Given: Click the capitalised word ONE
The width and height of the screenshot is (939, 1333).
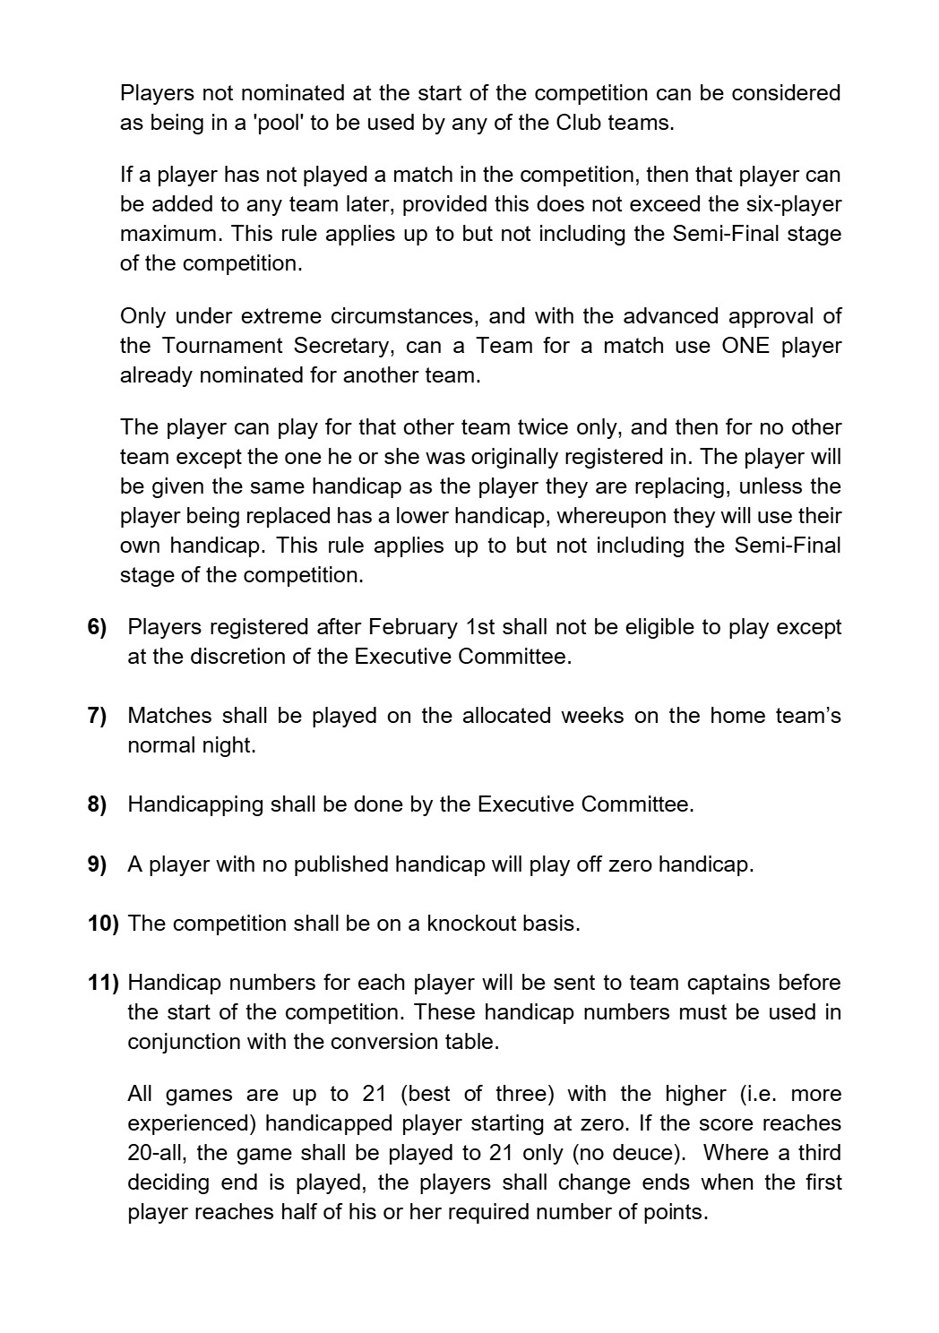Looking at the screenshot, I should pyautogui.click(x=745, y=346).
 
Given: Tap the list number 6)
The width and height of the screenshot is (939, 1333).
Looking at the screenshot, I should pyautogui.click(x=97, y=627).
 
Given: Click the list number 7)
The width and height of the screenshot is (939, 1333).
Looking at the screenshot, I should pyautogui.click(x=97, y=716).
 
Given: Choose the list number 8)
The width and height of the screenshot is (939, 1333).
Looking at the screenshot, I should pyautogui.click(x=97, y=804).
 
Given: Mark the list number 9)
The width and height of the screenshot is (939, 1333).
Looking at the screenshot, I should pyautogui.click(x=97, y=864).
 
